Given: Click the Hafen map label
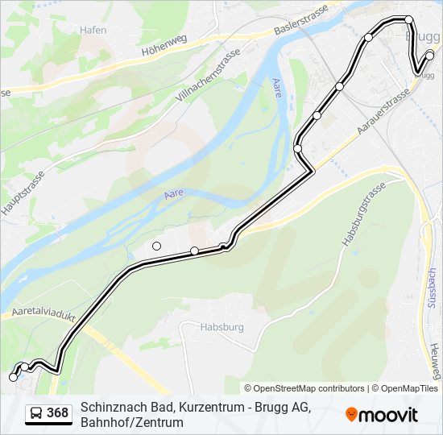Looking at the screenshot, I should pos(93,30).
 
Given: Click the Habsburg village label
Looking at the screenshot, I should pos(200,327).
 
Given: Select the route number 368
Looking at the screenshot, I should pos(58,413).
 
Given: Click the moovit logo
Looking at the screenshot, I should pos(382,415).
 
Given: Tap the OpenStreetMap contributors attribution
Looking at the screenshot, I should pos(304,388).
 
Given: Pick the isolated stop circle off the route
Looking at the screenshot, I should pos(156,246).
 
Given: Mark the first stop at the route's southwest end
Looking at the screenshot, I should pos(13,376).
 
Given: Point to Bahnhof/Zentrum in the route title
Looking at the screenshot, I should pos(132,422).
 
